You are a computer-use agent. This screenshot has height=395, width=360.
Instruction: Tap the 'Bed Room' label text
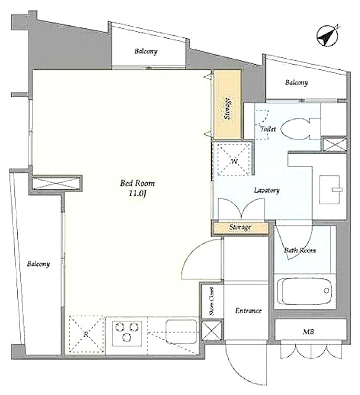[x=137, y=183]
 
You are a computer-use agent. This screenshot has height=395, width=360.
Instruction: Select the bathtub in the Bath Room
[x=304, y=291]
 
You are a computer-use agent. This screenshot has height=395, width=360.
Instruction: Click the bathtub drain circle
[x=326, y=290]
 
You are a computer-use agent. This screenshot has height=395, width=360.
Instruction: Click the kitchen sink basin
[x=181, y=331]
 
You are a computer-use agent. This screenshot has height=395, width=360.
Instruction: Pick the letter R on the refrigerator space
[x=86, y=334]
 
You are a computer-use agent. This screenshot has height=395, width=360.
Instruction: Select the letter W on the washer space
[x=234, y=161]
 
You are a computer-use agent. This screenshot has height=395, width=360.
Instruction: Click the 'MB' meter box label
[x=308, y=332]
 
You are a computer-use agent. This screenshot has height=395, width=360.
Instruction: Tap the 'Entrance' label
[x=248, y=311]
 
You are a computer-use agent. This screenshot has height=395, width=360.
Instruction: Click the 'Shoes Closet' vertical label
[x=211, y=302]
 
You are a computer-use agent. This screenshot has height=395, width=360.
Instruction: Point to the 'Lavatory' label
[x=267, y=191]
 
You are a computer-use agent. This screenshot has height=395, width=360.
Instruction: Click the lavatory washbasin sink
[x=330, y=190]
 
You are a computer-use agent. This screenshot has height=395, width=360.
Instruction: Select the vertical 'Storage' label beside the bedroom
[x=228, y=109]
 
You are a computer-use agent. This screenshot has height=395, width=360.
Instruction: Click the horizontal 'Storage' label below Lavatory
[x=240, y=227]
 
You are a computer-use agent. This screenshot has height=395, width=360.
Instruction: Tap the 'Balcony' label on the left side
[x=38, y=264]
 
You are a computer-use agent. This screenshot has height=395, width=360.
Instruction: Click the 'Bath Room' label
[x=300, y=251]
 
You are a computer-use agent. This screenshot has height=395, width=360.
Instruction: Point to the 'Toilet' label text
[x=268, y=129]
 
